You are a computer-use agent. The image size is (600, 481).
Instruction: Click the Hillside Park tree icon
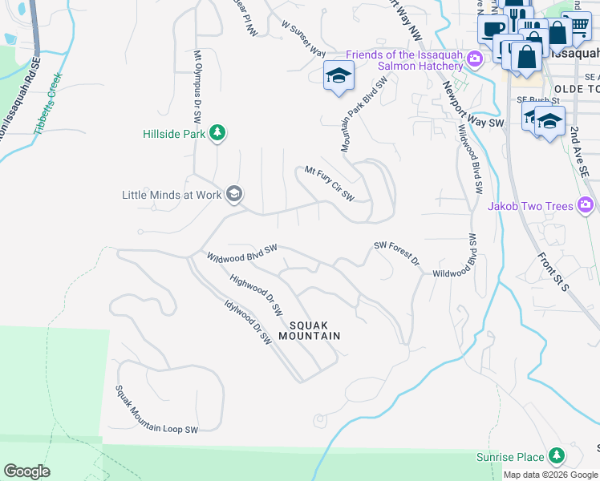(217, 133)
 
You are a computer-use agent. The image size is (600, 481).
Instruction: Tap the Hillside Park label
(174, 134)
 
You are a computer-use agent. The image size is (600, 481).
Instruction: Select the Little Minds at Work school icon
(234, 194)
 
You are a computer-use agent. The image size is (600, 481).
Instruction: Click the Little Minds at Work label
(172, 195)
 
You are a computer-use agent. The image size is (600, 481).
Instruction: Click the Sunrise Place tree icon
(555, 457)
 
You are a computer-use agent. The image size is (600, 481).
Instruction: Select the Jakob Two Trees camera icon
(586, 206)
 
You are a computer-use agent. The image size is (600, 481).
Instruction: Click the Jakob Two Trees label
(530, 206)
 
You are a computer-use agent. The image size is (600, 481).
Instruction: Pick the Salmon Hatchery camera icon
(475, 59)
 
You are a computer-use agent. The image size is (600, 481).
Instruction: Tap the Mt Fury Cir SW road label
(329, 182)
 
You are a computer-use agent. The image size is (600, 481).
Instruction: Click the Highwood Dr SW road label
(257, 294)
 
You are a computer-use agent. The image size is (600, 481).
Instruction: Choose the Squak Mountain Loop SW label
(156, 410)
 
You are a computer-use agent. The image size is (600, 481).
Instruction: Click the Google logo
(26, 471)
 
